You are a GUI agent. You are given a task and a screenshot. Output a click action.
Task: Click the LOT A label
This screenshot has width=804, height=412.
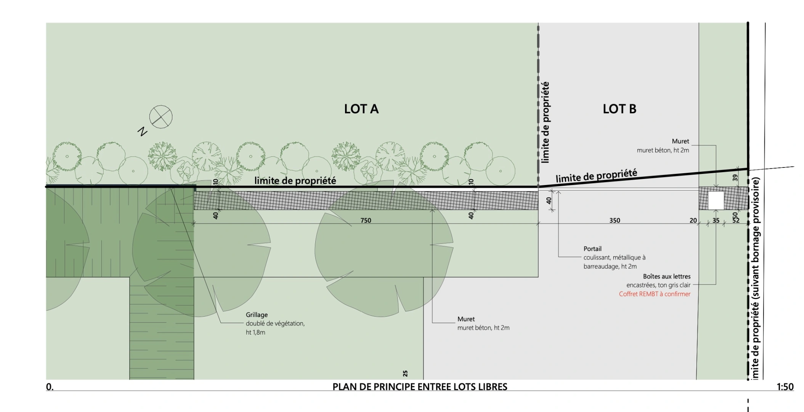(361, 109)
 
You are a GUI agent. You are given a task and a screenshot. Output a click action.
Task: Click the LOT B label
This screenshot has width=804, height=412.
(619, 109)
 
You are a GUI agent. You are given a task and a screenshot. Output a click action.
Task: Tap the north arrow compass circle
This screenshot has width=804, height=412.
(160, 117)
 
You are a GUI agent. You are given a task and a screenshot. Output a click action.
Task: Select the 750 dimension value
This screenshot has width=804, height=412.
(365, 220)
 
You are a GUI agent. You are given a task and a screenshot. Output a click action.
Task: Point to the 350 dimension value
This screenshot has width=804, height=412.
(615, 220)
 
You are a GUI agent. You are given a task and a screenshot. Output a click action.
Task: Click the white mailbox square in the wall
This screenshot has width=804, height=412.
(716, 200)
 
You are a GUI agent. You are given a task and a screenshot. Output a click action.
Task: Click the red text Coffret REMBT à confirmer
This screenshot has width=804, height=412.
(654, 294)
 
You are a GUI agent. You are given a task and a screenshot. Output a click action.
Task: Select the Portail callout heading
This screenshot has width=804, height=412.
(592, 249)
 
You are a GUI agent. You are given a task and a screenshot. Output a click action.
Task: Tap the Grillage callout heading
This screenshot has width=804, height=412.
(257, 315)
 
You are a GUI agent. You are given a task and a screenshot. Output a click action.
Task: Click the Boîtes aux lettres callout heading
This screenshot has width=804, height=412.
(666, 277)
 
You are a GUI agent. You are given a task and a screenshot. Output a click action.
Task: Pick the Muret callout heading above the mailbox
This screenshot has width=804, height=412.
(680, 141)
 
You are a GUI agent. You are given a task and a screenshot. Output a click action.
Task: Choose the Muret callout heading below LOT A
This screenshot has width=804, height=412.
(466, 319)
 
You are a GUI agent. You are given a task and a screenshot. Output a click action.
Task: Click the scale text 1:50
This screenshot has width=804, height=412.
(785, 387)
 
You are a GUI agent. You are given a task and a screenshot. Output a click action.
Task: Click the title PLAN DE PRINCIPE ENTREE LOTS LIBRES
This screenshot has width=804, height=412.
(420, 387)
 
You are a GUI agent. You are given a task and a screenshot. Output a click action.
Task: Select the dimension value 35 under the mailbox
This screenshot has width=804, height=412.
(716, 220)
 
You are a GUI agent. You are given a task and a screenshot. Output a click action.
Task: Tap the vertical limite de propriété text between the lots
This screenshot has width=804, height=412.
(546, 122)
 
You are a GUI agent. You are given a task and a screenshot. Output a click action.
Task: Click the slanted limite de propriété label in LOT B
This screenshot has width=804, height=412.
(596, 176)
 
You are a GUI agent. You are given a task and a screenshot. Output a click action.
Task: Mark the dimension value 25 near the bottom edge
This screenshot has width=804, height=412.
(405, 373)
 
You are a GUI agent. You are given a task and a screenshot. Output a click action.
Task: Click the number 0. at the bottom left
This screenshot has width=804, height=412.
(50, 387)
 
